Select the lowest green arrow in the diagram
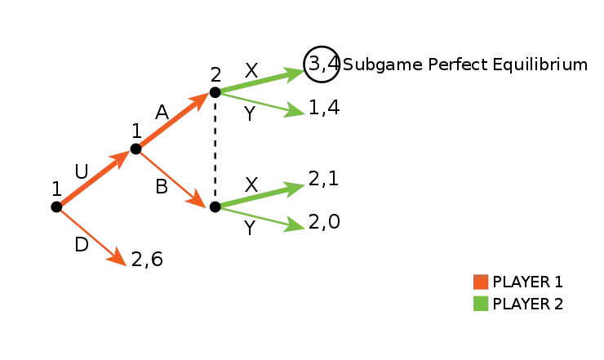point(261,217)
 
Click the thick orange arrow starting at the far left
point(94,177)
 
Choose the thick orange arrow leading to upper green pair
point(173,121)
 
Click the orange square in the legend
point(481,282)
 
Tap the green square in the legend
point(481,304)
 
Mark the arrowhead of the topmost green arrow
point(294,73)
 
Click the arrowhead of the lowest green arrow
point(295,227)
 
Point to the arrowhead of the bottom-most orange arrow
point(121,260)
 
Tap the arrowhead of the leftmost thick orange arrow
point(122,157)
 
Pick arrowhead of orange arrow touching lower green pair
point(198,200)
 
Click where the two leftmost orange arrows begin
point(60,206)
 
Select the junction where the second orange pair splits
point(140,149)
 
